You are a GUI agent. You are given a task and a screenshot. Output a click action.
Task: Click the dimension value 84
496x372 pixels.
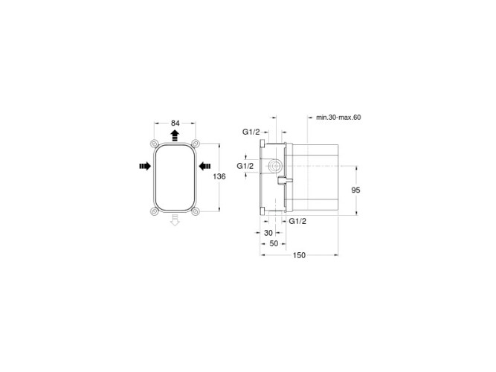coord(175,123)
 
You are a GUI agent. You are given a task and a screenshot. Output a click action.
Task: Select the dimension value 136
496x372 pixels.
coord(219,176)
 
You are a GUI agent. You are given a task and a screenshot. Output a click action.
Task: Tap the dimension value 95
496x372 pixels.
coord(356,190)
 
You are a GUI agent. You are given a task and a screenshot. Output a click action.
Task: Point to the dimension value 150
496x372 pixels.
coord(299,255)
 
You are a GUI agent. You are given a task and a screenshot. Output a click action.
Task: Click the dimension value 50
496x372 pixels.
coord(274,243)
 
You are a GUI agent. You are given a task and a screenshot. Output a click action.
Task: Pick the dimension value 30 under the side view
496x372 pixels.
coord(268,233)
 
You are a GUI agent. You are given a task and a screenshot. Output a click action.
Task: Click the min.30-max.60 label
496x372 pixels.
coord(338,118)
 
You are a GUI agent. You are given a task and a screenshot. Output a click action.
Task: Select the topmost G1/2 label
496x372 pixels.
coord(251,132)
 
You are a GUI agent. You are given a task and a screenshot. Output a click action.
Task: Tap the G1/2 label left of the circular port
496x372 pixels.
coord(245,166)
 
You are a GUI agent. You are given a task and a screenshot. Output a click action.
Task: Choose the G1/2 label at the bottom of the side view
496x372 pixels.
coord(297,221)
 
